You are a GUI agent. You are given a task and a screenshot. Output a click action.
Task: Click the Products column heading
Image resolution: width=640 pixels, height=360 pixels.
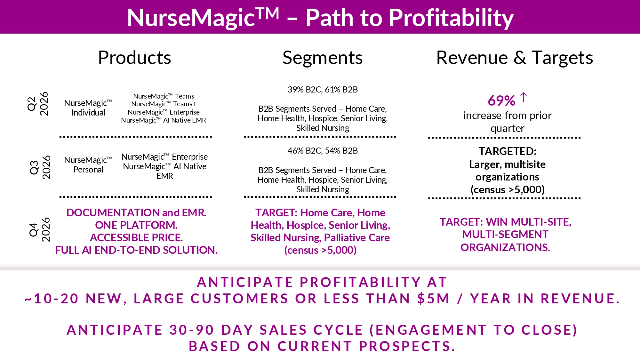tap(134, 58)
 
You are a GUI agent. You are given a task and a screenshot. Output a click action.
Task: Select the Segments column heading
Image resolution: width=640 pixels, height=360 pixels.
tap(323, 58)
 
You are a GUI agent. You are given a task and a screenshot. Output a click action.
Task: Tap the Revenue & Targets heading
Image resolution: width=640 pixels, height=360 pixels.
tap(515, 58)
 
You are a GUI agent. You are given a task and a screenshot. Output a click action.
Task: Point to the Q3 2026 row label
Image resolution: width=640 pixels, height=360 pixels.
tap(40, 167)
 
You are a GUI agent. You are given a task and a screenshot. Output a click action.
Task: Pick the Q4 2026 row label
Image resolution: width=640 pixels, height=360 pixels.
tap(40, 229)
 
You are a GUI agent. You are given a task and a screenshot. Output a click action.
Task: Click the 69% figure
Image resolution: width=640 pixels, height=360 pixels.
tap(501, 101)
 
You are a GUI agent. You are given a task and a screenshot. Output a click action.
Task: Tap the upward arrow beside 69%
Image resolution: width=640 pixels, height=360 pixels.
tap(524, 97)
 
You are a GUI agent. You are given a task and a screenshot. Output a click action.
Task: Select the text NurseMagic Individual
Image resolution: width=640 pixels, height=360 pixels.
tap(88, 108)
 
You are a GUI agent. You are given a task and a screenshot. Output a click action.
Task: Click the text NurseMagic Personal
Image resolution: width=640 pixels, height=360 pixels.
tap(88, 165)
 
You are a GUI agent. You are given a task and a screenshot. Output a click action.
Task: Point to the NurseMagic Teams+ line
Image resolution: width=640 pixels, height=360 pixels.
tap(164, 104)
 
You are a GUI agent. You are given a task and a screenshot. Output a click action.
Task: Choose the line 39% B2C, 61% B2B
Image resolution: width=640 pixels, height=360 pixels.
tap(323, 90)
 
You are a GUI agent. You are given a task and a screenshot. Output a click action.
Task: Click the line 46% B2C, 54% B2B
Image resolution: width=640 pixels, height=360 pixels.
tap(323, 151)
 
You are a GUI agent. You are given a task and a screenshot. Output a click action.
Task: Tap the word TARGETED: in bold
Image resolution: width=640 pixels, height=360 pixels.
tap(508, 151)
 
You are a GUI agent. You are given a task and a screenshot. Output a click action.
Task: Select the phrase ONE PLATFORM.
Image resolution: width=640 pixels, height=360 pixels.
tap(136, 225)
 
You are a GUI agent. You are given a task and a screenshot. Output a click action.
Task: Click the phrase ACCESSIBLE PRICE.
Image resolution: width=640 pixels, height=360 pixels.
tap(136, 238)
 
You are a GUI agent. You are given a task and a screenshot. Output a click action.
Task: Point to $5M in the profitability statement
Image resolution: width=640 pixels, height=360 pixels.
tap(433, 299)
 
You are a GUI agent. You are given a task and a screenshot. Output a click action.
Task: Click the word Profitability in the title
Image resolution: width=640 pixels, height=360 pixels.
tap(451, 18)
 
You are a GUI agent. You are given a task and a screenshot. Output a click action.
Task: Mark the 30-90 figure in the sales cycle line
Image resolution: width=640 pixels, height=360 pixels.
tap(192, 330)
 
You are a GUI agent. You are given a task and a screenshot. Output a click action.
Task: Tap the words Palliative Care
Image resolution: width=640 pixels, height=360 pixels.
tap(357, 238)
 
